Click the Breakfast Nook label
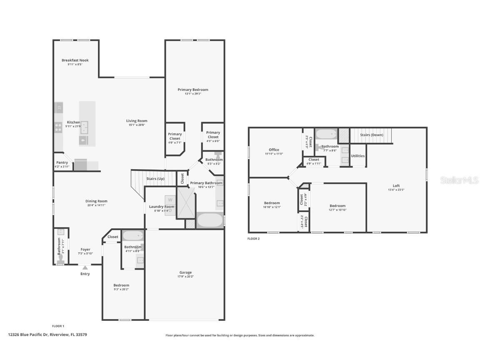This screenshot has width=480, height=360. (x=75, y=60)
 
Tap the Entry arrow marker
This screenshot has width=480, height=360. (x=85, y=268)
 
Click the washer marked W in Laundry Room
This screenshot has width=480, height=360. (x=170, y=200)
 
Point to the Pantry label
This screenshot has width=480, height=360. (x=62, y=162)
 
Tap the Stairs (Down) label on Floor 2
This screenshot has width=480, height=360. (x=371, y=135)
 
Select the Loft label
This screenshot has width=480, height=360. (x=396, y=186)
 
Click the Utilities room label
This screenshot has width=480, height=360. (x=358, y=156)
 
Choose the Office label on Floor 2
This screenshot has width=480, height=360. (x=274, y=150)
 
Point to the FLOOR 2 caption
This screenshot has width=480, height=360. (x=253, y=239)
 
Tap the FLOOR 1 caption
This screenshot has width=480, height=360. (x=57, y=326)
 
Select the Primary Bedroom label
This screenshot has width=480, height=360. (x=192, y=90)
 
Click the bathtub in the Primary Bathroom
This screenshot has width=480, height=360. (x=210, y=220)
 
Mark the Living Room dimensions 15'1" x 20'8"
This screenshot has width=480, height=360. (x=137, y=125)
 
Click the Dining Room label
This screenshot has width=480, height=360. (x=96, y=201)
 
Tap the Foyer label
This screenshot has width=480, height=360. (x=85, y=250)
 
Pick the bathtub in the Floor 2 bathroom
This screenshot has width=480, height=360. (x=326, y=134)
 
